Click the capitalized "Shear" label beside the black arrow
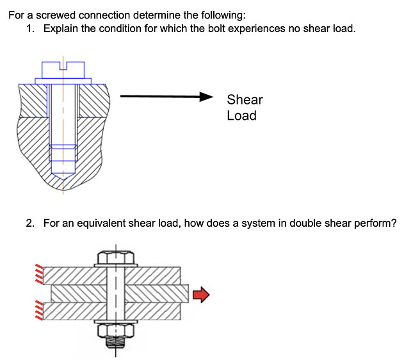[245, 99]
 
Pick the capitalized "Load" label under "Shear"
[241, 116]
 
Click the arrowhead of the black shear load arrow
[206, 97]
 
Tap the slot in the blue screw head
[63, 65]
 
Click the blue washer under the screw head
[63, 81]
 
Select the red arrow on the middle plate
[201, 294]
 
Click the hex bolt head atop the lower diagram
[115, 258]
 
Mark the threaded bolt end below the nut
[115, 347]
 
